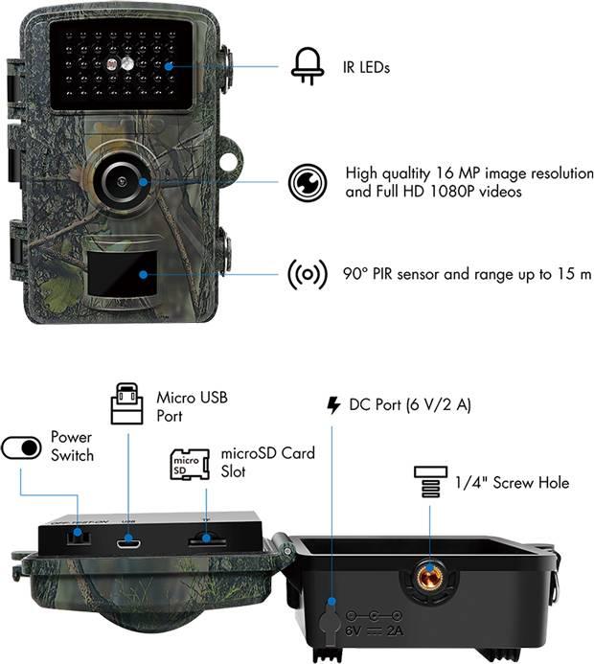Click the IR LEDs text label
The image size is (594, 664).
click(x=366, y=67)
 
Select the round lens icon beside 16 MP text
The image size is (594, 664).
click(x=307, y=182)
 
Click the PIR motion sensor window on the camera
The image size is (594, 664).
click(x=119, y=274)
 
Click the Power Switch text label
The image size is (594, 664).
click(x=72, y=446)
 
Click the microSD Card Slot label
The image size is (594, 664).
click(x=267, y=462)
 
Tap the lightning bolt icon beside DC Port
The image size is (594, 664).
click(x=333, y=405)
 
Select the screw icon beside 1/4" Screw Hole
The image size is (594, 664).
click(x=428, y=483)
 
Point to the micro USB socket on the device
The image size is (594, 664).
click(x=129, y=540)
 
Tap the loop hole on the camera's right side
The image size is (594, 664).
click(x=228, y=161)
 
